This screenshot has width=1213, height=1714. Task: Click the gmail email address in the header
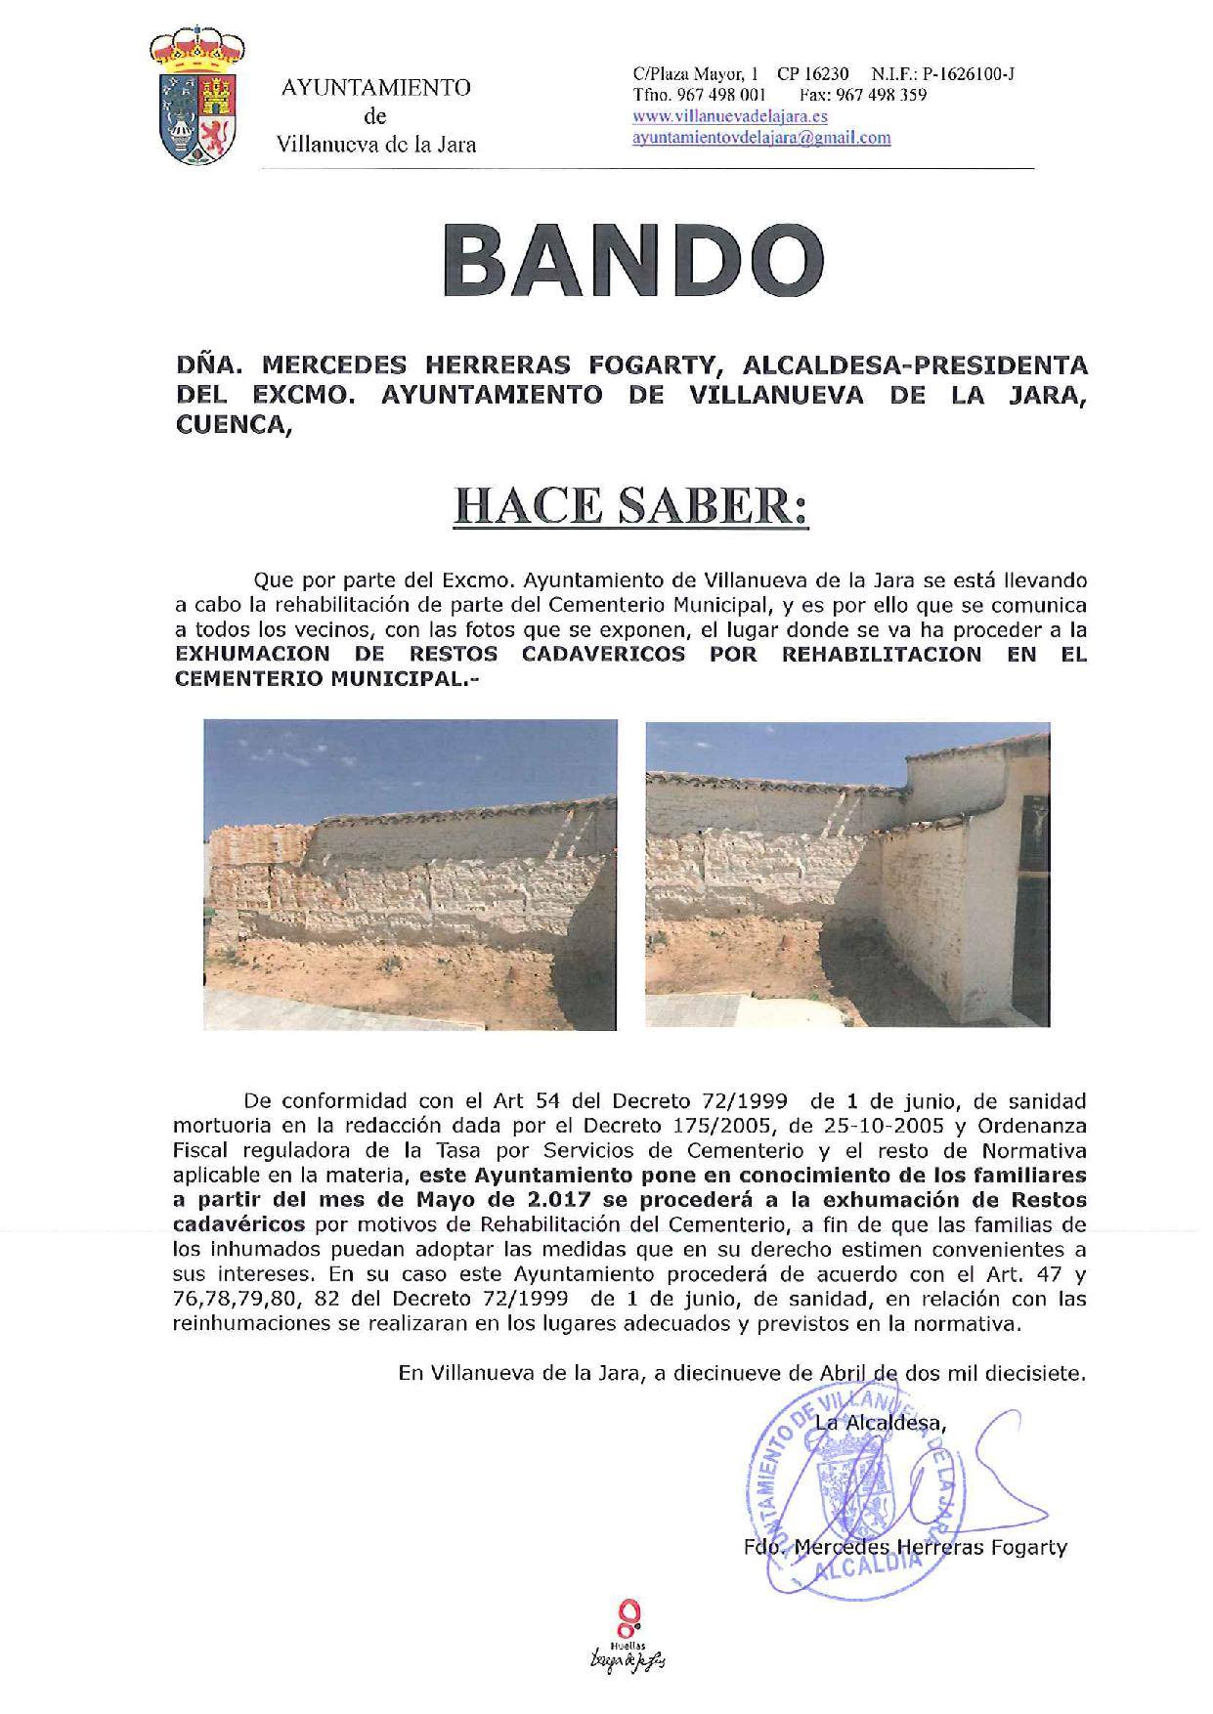(761, 138)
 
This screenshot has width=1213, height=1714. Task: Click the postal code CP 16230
(813, 74)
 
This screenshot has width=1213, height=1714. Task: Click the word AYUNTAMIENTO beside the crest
(375, 89)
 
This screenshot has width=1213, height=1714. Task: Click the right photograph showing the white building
(846, 874)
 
